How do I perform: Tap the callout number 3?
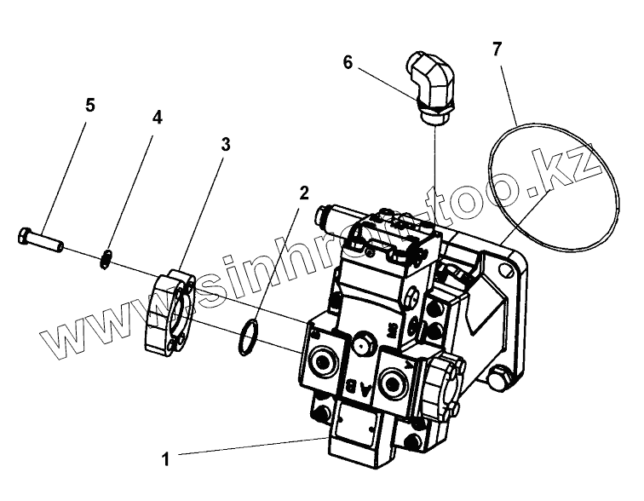[x=225, y=144]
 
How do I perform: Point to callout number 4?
[x=157, y=118]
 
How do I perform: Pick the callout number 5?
[x=90, y=106]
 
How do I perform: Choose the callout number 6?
[x=348, y=62]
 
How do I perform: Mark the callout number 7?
[x=497, y=49]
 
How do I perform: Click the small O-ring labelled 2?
[x=247, y=335]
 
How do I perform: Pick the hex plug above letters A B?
[x=361, y=344]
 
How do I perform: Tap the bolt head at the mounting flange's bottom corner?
[x=503, y=379]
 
